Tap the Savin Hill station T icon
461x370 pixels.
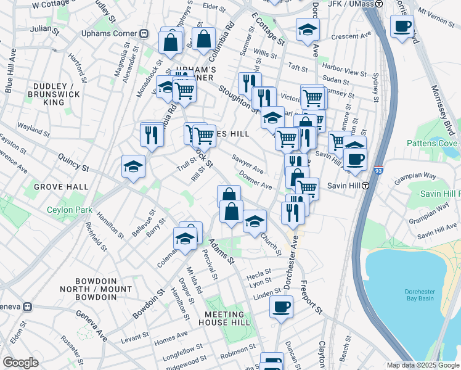tap(365, 185)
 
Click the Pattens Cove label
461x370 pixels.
tap(433, 143)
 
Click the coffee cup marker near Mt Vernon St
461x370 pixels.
tap(402, 27)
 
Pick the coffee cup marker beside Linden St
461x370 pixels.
tap(281, 306)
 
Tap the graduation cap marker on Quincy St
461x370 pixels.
tap(133, 166)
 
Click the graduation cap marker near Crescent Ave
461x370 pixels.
tap(308, 29)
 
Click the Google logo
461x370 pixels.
tap(20, 363)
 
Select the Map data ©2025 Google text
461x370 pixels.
tap(423, 365)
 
